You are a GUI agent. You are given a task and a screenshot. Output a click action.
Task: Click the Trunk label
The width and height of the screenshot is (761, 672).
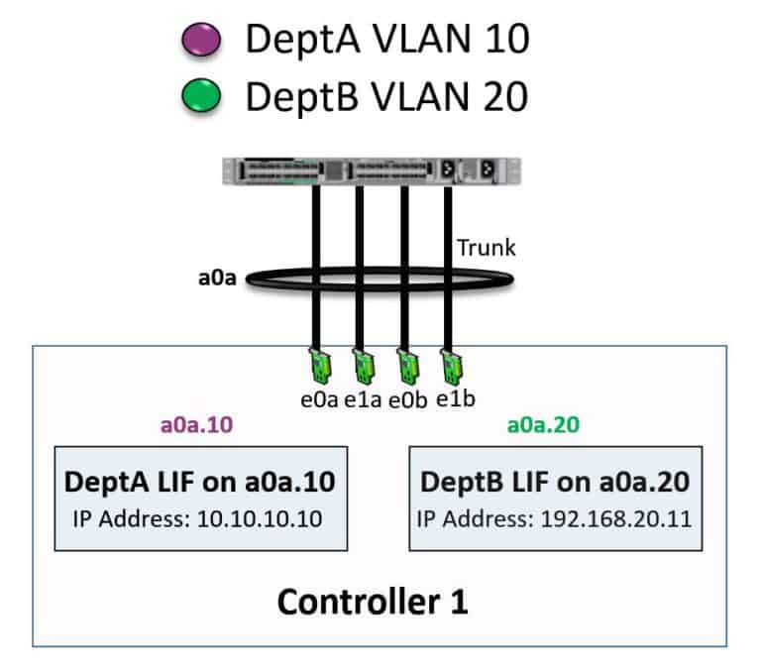[486, 247]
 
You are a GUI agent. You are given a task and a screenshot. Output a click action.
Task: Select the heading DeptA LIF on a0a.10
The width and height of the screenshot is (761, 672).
[199, 482]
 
